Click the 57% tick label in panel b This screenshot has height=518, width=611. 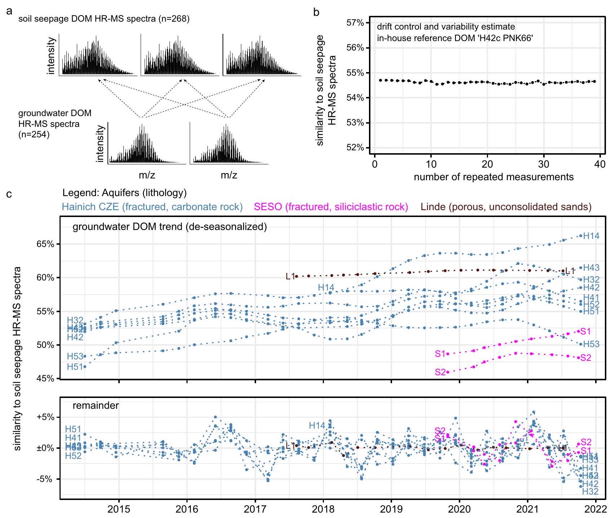coord(355,23)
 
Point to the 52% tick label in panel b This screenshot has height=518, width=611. coord(355,148)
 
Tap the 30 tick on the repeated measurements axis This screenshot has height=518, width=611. coord(544,164)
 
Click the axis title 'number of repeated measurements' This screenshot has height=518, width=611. coord(493,177)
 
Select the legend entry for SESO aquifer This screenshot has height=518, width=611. coord(331,207)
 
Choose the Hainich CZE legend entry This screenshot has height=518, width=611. coord(152,207)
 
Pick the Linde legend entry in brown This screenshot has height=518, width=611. coord(506,207)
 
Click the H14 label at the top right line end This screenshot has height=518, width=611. coord(591,236)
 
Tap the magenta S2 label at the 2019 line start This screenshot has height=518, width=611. coord(440,372)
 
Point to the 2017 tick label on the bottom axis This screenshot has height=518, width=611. coord(255,509)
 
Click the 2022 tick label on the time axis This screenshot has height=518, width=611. coord(595,509)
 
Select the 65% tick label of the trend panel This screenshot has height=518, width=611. coord(45,244)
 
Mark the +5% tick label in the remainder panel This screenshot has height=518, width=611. coord(45,417)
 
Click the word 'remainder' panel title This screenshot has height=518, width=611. coord(96,406)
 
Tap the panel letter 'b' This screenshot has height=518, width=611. coord(316,12)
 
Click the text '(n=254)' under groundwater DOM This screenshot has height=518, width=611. coord(34,135)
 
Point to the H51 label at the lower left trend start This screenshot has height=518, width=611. coord(75,367)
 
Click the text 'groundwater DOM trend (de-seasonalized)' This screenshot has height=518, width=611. coord(170,227)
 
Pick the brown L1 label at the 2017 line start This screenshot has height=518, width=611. coord(290,276)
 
